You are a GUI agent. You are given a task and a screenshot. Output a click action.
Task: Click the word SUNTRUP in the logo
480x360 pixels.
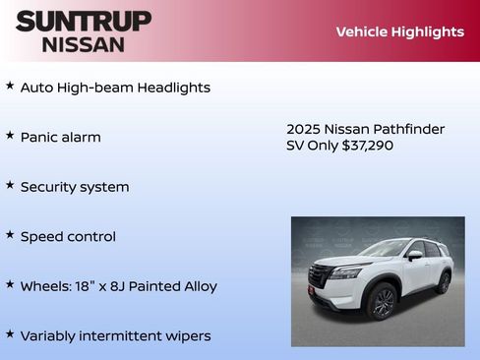(x=84, y=21)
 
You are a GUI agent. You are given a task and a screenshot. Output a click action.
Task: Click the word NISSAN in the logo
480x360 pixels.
(x=84, y=43)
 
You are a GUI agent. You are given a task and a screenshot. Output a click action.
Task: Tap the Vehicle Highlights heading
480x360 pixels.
(x=399, y=31)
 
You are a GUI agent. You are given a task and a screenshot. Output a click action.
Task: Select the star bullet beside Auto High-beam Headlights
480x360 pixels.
(x=10, y=86)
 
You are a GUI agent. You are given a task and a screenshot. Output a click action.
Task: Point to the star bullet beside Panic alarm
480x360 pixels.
(x=10, y=136)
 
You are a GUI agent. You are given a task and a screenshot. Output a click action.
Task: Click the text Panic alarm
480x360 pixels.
(x=61, y=137)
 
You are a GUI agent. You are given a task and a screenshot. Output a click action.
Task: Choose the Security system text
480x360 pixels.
(x=75, y=187)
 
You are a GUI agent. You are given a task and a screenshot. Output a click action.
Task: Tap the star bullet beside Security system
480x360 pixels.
(x=10, y=185)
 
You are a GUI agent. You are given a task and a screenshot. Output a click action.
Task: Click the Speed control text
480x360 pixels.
(x=68, y=237)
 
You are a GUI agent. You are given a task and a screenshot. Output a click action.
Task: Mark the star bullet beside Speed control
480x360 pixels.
(x=10, y=235)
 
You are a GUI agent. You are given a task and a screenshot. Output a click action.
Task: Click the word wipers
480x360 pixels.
(x=187, y=336)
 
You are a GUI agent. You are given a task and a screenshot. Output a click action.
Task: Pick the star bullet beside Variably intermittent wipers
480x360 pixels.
(x=10, y=334)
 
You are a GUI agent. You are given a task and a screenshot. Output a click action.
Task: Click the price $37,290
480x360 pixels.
(x=367, y=146)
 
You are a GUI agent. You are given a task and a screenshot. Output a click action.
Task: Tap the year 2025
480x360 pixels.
(x=303, y=129)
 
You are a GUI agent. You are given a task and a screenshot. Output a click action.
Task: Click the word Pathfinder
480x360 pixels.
(x=409, y=129)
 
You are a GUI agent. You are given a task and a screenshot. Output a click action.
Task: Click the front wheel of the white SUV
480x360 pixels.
(x=383, y=303)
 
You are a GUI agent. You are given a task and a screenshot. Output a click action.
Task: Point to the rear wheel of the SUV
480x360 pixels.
(x=444, y=283)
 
